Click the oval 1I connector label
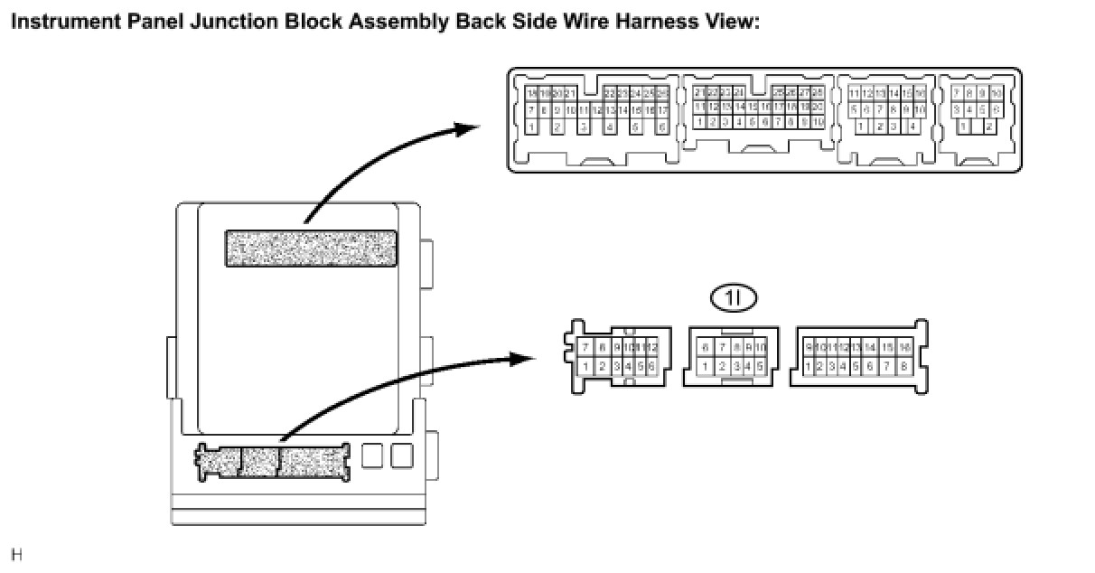point(733,296)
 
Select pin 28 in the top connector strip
point(818,93)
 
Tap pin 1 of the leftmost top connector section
point(531,127)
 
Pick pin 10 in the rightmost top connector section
point(996,93)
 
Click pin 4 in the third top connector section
point(914,127)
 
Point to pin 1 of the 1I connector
point(706,366)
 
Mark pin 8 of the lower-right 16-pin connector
point(903,366)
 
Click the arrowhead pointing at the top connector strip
point(468,129)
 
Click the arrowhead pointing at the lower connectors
point(524,359)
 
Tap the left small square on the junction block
point(372,456)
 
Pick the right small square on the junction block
point(401,456)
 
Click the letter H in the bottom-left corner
point(15,553)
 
